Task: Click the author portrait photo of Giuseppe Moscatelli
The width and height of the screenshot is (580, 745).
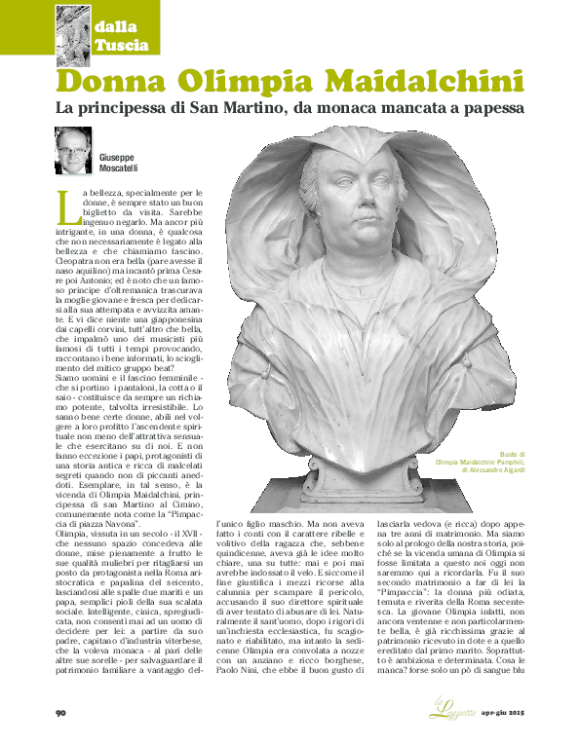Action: (73, 150)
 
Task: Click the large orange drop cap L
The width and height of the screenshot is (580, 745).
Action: (64, 204)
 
